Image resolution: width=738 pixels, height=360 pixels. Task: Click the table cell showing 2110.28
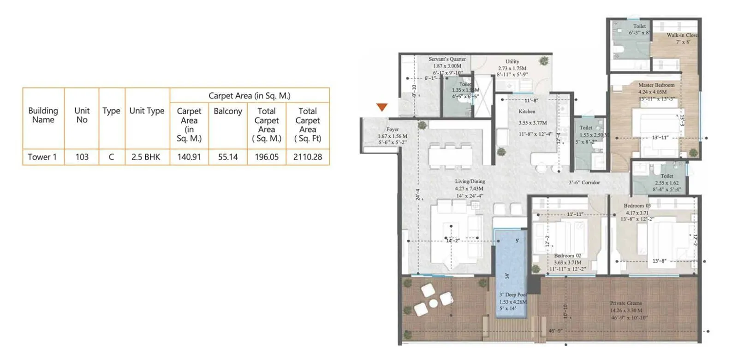tap(308, 157)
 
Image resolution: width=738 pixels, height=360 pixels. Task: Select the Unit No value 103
tap(82, 157)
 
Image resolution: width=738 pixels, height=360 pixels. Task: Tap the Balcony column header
tap(228, 111)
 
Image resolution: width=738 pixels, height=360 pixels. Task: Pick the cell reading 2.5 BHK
tap(146, 157)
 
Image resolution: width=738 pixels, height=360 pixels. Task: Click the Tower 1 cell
tap(42, 157)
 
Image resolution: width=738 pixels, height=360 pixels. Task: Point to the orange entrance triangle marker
tap(382, 107)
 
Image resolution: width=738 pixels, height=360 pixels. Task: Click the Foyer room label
tap(393, 129)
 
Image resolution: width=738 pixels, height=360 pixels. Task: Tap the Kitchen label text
tap(527, 112)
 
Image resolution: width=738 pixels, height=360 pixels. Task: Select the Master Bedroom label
tap(656, 85)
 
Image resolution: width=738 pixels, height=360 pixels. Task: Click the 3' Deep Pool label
tap(512, 295)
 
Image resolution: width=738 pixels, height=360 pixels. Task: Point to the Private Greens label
tap(626, 303)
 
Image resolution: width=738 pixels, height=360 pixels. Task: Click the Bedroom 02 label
tap(568, 255)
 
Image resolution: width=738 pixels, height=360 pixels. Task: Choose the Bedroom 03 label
tap(637, 206)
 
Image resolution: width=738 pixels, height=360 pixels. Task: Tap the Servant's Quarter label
tap(447, 59)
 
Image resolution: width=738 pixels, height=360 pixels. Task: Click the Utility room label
tap(512, 61)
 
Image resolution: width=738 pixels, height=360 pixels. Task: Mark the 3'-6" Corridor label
tap(584, 183)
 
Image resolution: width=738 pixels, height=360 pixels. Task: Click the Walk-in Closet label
tap(682, 35)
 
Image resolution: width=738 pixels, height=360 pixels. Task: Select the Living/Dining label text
tap(470, 181)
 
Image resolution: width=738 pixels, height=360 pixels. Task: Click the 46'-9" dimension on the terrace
tap(555, 331)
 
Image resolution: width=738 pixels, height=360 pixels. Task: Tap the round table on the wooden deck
tap(433, 303)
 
